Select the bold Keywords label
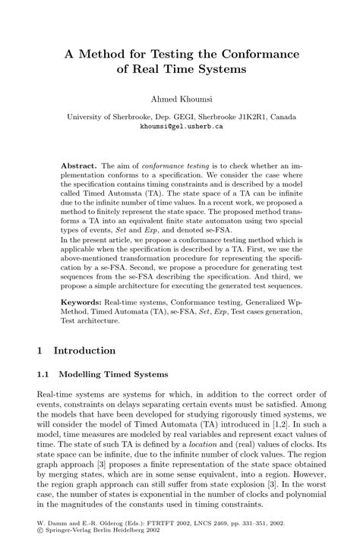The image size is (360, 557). [x=84, y=301]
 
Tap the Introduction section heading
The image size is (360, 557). [x=85, y=351]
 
